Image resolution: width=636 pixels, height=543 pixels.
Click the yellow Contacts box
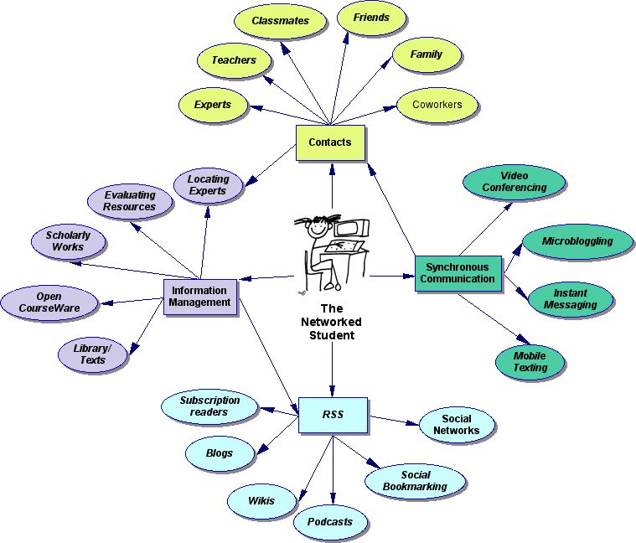(x=330, y=142)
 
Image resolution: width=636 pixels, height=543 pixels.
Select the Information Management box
(x=200, y=297)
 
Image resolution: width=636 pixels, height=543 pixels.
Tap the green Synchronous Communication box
(x=458, y=273)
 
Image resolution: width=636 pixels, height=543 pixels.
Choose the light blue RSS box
(x=333, y=415)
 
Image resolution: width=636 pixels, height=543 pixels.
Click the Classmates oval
(x=281, y=21)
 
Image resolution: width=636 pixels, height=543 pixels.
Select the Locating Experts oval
(x=208, y=185)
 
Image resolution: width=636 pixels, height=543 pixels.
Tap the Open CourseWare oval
(x=49, y=303)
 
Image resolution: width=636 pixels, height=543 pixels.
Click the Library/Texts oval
(x=92, y=354)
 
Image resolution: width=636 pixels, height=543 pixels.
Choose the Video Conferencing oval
(x=514, y=183)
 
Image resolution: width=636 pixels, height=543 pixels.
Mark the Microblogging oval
(x=577, y=241)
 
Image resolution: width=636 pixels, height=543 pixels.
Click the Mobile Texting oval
(x=530, y=362)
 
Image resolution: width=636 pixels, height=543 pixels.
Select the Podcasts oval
(x=330, y=522)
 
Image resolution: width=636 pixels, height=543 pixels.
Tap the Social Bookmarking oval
(x=415, y=481)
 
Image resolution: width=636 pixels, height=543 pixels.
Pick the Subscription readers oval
(x=209, y=406)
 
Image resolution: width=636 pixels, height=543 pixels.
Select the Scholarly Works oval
(x=68, y=241)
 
